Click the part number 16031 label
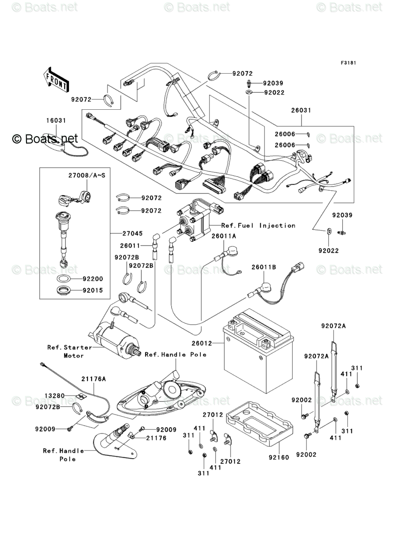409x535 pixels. coord(56,120)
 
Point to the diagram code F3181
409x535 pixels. coord(348,63)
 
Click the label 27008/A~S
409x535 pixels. coord(87,176)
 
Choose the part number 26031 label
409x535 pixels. coord(301,110)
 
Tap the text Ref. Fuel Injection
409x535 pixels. coord(258,225)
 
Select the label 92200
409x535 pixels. coord(92,279)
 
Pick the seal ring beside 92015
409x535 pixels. coord(64,291)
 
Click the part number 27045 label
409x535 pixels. coord(133,233)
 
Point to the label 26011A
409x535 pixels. coord(224,236)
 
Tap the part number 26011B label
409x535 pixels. coord(264,267)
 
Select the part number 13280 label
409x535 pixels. coord(54,396)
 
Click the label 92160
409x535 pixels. coord(279,457)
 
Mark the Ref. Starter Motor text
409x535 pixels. coord(70,352)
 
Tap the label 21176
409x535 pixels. coord(156,438)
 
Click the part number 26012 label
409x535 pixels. coord(202,343)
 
